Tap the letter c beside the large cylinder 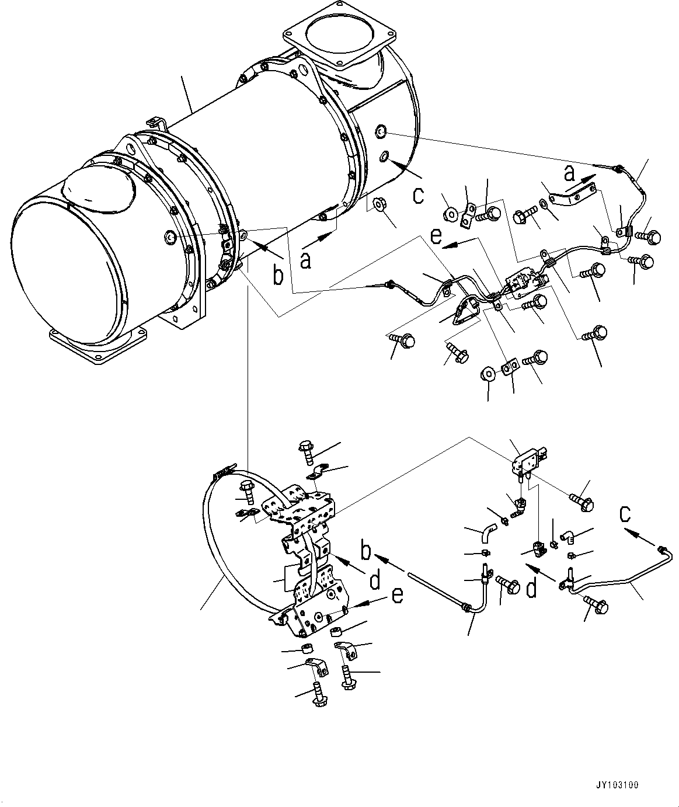[x=418, y=195]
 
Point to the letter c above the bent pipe [x=625, y=514]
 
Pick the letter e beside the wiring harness [x=436, y=236]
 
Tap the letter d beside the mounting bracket [x=375, y=581]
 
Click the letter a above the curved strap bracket [x=569, y=173]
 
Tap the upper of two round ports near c [x=380, y=132]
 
